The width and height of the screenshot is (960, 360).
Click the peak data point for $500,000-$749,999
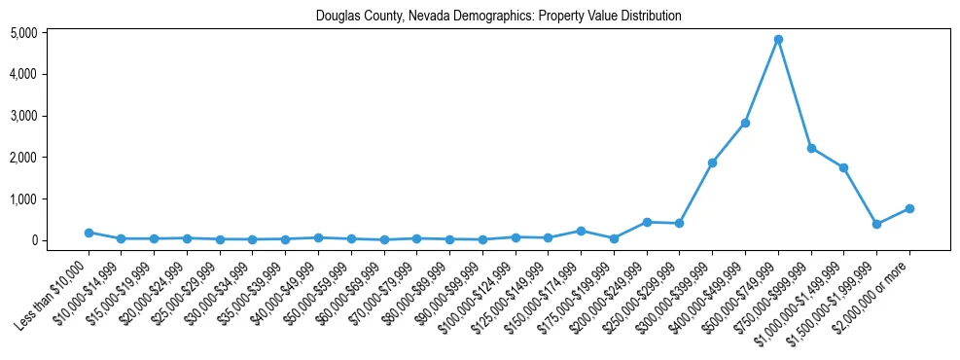point(778,40)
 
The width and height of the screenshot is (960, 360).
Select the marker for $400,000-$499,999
point(745,123)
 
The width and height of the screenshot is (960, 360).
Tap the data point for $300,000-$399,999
point(712,162)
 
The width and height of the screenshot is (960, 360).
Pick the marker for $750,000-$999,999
point(811,148)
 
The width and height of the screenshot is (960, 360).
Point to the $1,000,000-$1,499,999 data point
point(844,167)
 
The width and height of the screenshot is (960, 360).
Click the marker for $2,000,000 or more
point(909,208)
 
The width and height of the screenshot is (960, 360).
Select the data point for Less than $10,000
point(89,233)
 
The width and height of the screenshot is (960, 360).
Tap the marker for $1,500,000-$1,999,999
point(876,224)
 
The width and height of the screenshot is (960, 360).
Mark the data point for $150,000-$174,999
point(581,231)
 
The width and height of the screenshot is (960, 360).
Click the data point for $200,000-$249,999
point(647,222)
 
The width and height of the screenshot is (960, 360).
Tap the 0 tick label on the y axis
point(60,240)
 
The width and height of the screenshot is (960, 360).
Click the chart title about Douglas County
point(498,17)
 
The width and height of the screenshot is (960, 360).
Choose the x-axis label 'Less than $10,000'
point(54,288)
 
